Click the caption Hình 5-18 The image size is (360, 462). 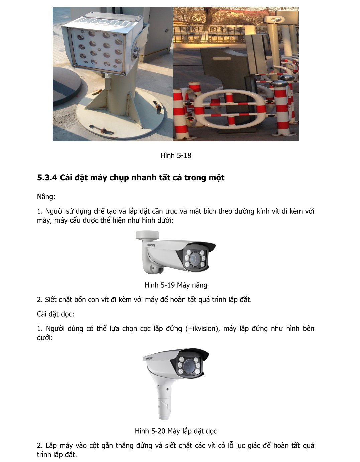point(175,156)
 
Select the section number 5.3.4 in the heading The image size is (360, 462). point(47,177)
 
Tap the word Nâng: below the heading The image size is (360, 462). point(46,197)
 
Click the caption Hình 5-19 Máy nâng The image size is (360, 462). point(175,285)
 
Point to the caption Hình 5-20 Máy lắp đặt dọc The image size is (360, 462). point(176,431)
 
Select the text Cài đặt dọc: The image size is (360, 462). point(55,314)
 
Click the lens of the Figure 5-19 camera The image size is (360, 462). point(194,259)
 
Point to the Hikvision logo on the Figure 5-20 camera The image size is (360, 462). point(149,358)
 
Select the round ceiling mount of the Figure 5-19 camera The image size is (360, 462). point(147,235)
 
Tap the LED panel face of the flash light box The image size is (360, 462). point(99,49)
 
